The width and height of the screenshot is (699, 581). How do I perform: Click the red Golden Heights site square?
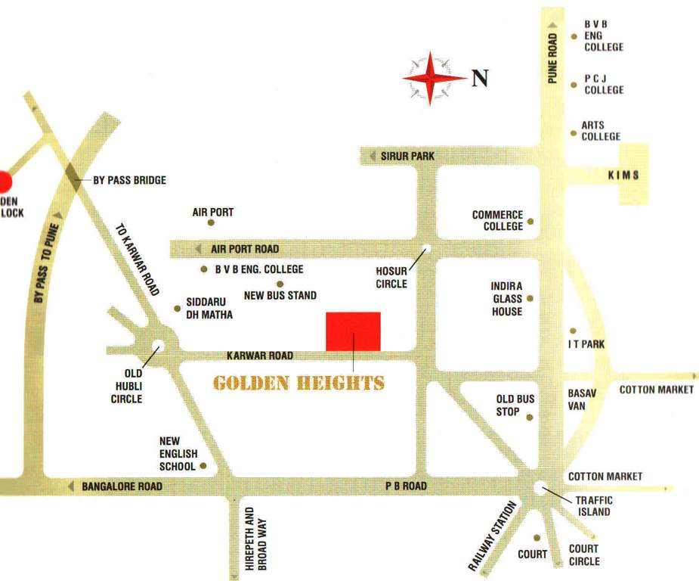point(353,331)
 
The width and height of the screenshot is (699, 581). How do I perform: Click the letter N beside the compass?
point(480,78)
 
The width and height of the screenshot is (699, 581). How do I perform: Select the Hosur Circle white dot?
point(426,248)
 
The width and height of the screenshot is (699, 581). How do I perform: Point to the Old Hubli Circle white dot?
point(157,346)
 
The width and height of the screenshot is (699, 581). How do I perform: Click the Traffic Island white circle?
point(540,488)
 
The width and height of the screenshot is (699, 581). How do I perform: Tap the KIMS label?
point(624,175)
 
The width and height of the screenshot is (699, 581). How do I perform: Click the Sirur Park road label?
point(407,156)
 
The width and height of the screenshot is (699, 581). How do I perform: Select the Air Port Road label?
point(245,249)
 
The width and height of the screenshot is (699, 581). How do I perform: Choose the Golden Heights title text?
point(299,382)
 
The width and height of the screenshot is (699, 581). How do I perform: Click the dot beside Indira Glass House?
point(530,299)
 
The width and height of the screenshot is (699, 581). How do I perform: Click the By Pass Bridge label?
point(129,180)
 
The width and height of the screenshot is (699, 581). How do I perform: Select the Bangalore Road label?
point(122,486)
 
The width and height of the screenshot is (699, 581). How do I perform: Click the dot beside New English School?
point(203,466)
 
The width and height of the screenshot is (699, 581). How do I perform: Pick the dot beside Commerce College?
point(530,222)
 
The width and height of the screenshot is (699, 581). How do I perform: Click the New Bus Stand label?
point(280,295)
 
